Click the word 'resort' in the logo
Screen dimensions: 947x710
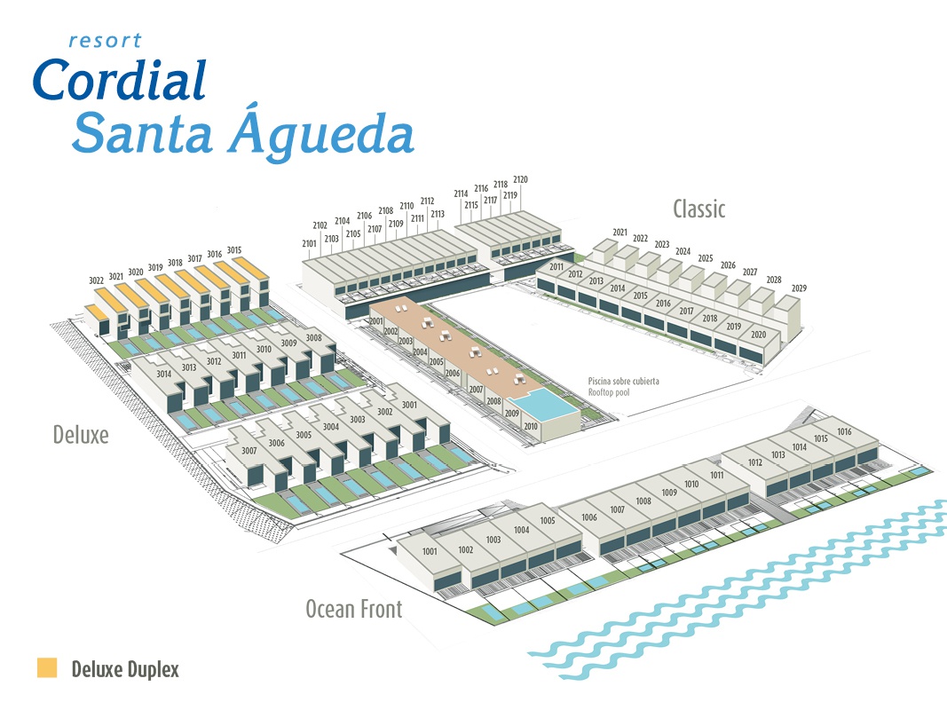click(105, 41)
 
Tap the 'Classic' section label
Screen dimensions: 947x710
click(698, 209)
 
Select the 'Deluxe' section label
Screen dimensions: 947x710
click(81, 435)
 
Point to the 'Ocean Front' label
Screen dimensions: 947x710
click(354, 609)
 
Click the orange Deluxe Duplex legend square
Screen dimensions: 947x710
click(47, 667)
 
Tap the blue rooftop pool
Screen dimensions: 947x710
click(542, 403)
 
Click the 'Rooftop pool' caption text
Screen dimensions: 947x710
click(609, 392)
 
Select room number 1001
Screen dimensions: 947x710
click(430, 551)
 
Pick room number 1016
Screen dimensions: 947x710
click(844, 431)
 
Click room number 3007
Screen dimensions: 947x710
click(249, 450)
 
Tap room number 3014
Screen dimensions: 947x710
click(163, 374)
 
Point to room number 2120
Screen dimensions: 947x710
click(520, 179)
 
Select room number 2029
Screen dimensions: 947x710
click(799, 288)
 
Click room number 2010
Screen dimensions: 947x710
click(530, 426)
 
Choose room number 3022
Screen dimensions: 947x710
click(96, 280)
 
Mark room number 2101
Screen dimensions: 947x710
click(309, 243)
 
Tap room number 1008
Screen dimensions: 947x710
click(643, 501)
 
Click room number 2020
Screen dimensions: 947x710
click(759, 334)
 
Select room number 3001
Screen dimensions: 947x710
click(409, 405)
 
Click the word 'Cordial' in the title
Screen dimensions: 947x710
click(120, 80)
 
